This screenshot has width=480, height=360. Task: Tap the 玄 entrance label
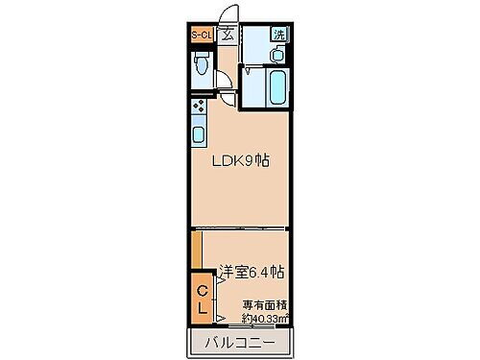[228, 36]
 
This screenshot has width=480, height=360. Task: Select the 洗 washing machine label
[277, 35]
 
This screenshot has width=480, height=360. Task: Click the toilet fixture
[201, 66]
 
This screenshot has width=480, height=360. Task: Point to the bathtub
[276, 88]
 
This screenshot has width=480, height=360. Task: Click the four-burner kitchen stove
[199, 106]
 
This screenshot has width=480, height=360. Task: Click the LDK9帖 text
[239, 160]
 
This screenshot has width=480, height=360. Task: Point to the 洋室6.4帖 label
[252, 272]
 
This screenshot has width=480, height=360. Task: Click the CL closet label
[203, 300]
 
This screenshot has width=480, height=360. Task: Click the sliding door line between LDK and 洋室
[240, 229]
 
